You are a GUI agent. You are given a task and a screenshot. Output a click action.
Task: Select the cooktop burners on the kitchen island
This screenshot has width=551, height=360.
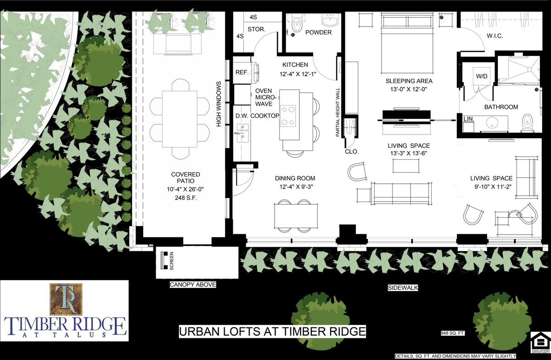click(288, 116)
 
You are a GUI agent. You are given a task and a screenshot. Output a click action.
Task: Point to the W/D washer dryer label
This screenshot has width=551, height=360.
click(482, 76)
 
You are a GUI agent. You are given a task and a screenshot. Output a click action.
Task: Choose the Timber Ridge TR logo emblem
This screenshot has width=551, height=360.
click(65, 298)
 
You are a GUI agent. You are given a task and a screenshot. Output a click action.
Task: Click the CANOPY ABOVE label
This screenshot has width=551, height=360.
click(193, 285)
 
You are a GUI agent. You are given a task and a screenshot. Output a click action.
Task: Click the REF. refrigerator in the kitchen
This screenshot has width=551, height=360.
click(242, 73)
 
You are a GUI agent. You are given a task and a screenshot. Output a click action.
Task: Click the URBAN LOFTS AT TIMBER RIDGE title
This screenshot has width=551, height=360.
click(272, 331)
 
